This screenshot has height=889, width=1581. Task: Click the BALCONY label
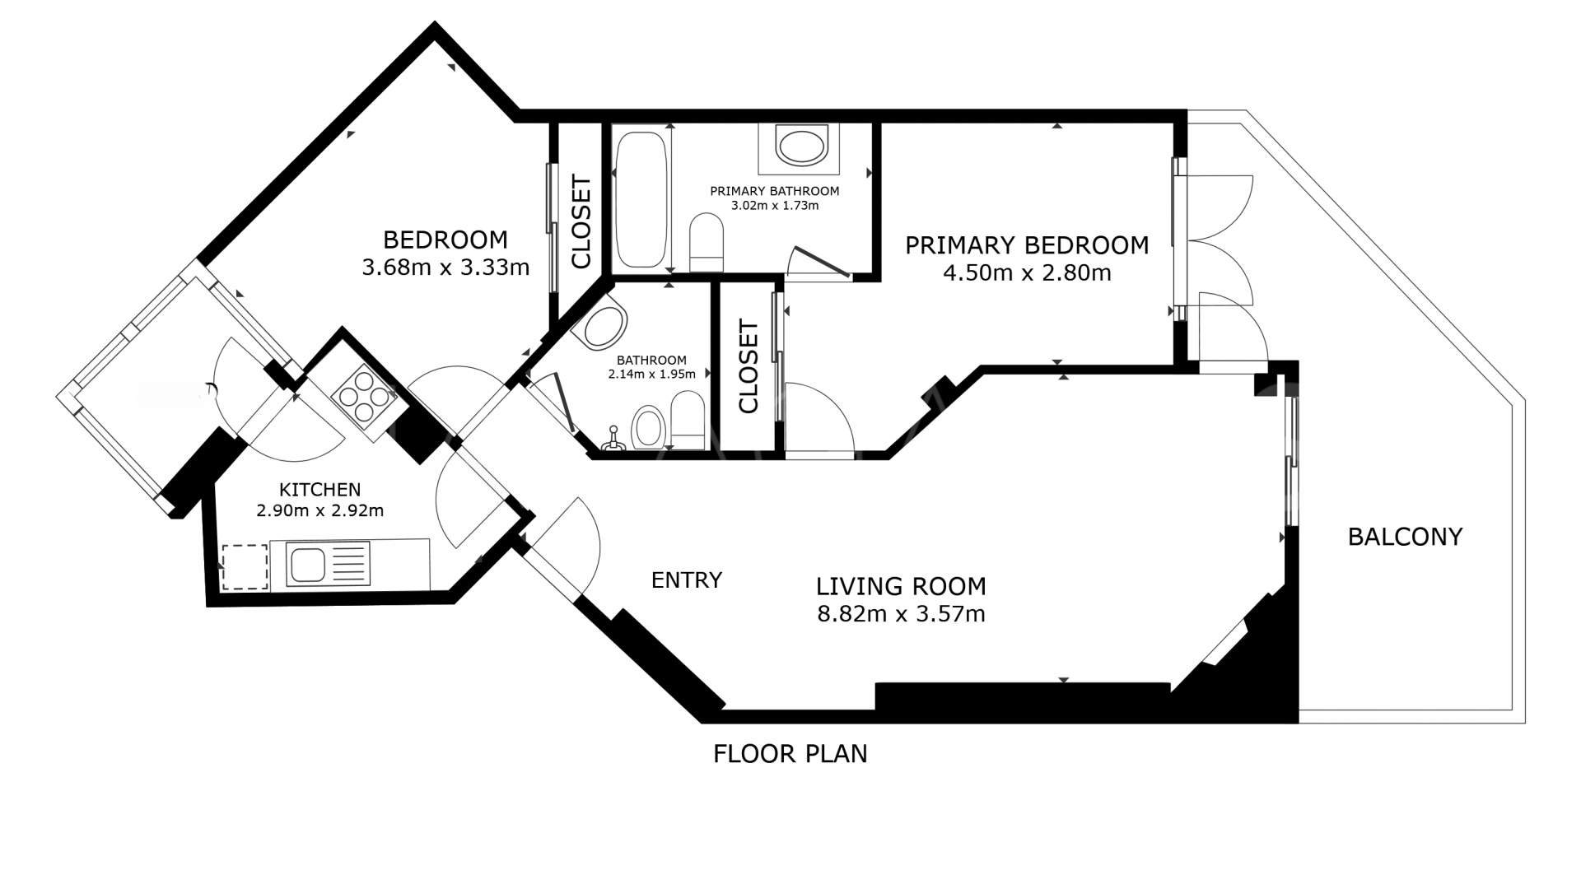pyautogui.click(x=1405, y=537)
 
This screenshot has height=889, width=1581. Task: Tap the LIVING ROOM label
pyautogui.click(x=901, y=586)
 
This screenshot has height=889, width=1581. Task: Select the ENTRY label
pyautogui.click(x=686, y=580)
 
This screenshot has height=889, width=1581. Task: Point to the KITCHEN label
pyautogui.click(x=319, y=490)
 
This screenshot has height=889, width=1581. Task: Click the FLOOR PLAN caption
pyautogui.click(x=790, y=754)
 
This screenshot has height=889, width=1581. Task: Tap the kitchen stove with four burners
pyautogui.click(x=364, y=398)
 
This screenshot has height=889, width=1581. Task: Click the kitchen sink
pyautogui.click(x=328, y=564)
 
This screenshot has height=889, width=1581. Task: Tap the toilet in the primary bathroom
pyautogui.click(x=706, y=242)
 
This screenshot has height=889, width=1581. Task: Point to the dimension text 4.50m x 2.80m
pyautogui.click(x=1027, y=273)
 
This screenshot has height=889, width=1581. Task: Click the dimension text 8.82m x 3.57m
pyautogui.click(x=901, y=614)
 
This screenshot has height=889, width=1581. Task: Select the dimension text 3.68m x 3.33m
pyautogui.click(x=445, y=268)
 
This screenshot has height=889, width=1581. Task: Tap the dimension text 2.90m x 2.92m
pyautogui.click(x=320, y=510)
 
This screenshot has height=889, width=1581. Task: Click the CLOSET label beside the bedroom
pyautogui.click(x=581, y=221)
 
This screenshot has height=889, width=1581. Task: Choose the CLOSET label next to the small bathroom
pyautogui.click(x=749, y=367)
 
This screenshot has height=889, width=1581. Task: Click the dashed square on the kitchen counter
pyautogui.click(x=245, y=566)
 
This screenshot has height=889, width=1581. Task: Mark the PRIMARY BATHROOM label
pyautogui.click(x=775, y=191)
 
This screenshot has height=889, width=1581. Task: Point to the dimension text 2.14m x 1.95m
pyautogui.click(x=651, y=374)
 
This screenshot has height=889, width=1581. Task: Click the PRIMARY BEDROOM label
pyautogui.click(x=1027, y=245)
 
